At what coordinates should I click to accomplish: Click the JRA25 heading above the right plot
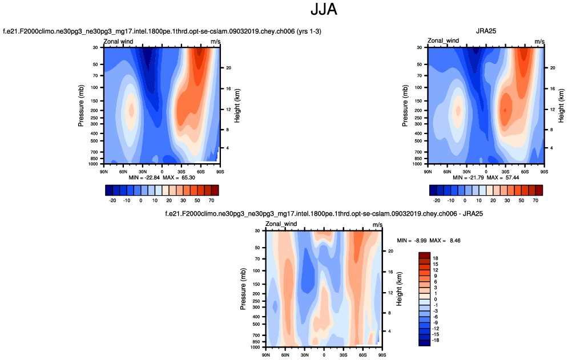486,31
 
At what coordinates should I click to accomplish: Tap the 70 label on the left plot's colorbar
211,200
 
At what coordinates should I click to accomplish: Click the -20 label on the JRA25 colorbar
437,200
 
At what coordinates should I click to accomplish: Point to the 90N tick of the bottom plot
265,354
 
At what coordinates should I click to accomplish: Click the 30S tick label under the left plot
182,171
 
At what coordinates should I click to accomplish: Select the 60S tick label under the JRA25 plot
525,171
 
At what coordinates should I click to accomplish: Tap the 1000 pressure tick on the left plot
94,164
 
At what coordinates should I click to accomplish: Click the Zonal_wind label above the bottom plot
282,224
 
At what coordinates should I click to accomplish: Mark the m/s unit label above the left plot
215,42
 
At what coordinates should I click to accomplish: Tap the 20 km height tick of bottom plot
390,251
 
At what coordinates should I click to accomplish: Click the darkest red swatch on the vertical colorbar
424,254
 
